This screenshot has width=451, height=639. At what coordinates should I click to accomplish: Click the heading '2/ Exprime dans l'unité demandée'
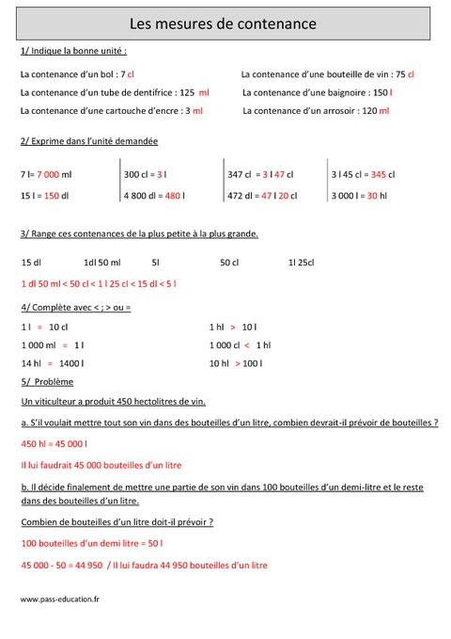click(x=88, y=141)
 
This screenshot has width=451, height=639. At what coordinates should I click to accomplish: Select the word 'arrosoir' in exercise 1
click(x=337, y=111)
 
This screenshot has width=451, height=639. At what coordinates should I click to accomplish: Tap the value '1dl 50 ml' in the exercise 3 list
click(x=102, y=262)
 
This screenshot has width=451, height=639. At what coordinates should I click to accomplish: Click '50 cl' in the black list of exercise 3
click(x=229, y=262)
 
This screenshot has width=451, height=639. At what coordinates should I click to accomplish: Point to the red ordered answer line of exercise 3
click(x=98, y=283)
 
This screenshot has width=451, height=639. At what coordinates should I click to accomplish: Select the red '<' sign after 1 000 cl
click(x=246, y=344)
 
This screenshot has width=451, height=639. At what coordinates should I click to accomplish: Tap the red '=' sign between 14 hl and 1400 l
click(x=50, y=363)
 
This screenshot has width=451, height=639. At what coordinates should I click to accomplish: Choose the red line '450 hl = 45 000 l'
click(x=54, y=444)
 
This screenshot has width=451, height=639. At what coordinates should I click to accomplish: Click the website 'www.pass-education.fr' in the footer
click(x=60, y=599)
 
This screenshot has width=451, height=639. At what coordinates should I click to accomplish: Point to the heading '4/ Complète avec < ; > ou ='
click(x=75, y=308)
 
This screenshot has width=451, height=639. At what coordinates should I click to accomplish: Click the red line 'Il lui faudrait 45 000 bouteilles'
click(x=101, y=465)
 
